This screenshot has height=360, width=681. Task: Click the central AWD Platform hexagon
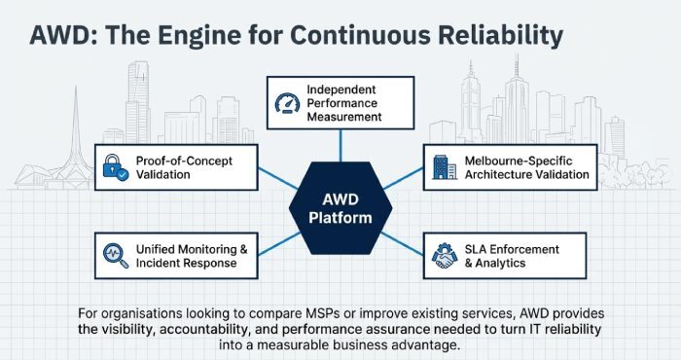coord(340,206)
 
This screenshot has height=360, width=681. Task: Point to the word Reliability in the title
coord(494,37)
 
